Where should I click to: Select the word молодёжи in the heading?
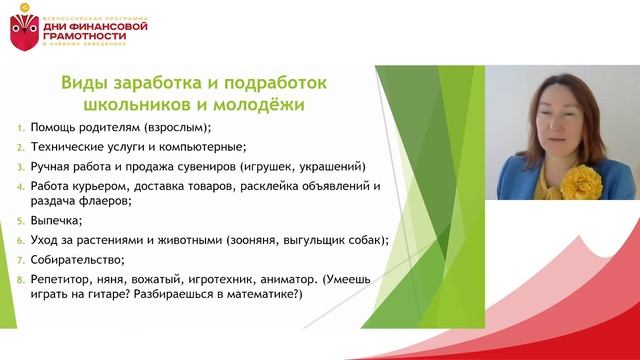pos(258,103)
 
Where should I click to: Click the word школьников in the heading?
pos(138,103)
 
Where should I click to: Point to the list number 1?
pos(21,128)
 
